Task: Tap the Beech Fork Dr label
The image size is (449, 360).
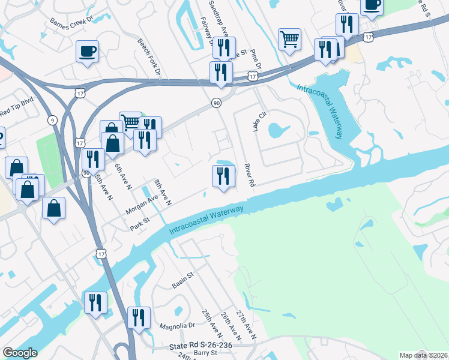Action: click(149, 57)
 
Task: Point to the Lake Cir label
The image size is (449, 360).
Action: click(258, 123)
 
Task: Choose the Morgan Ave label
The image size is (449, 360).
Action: click(142, 205)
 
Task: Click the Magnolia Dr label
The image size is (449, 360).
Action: click(178, 326)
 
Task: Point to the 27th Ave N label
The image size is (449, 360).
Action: click(246, 325)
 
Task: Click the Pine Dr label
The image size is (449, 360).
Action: click(253, 61)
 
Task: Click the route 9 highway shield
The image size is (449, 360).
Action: click(53, 121)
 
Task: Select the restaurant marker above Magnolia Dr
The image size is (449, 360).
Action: click(139, 317)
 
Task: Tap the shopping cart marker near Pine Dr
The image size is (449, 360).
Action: click(289, 40)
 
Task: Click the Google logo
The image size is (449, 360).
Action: click(20, 353)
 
